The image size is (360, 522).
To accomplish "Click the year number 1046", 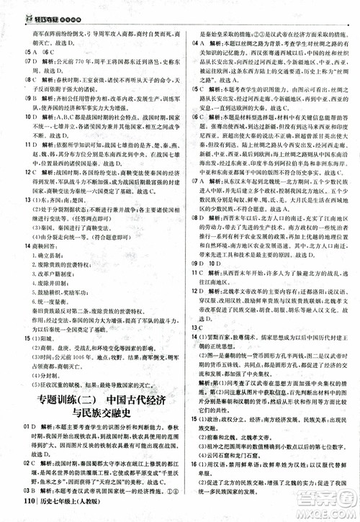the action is coord(78,357).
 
